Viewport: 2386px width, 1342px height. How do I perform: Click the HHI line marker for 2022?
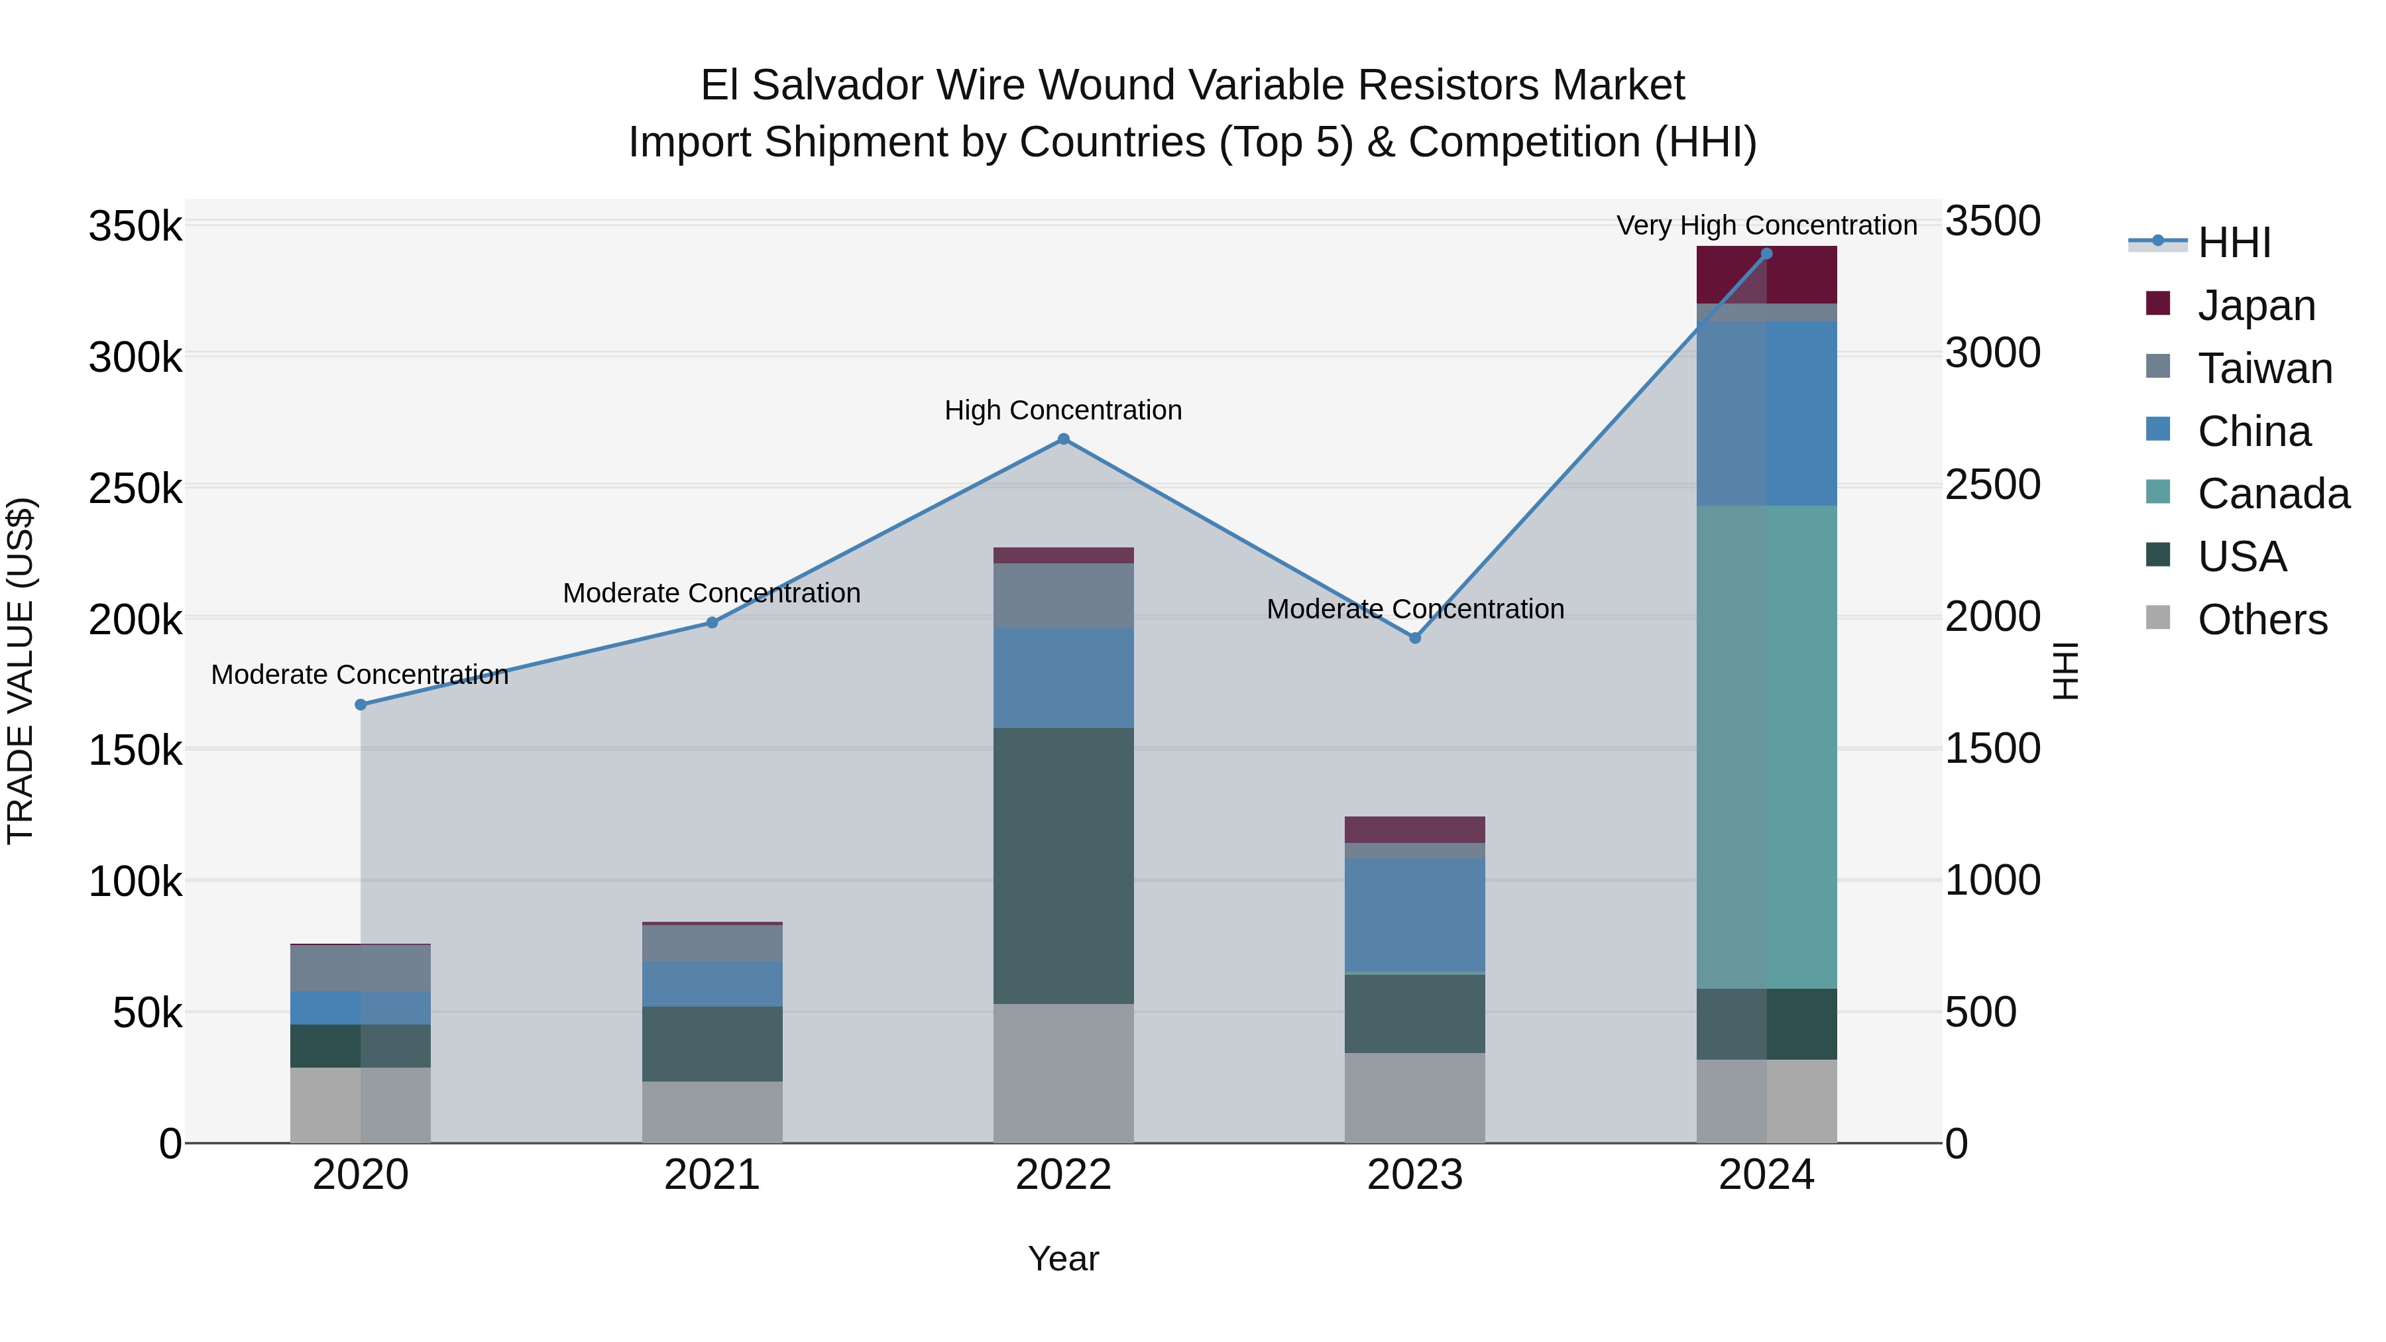[x=1063, y=439]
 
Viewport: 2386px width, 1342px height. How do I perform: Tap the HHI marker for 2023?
[x=1414, y=638]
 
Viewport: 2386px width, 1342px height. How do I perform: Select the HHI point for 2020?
[x=361, y=705]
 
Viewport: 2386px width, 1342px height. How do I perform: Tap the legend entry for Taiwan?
[x=2265, y=368]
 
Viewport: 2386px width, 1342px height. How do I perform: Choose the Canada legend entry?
[x=2272, y=494]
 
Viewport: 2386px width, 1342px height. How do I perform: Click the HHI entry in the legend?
[x=2233, y=243]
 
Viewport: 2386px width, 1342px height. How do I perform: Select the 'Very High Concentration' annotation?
[x=1766, y=225]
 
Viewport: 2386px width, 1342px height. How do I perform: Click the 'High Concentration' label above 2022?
[x=1063, y=410]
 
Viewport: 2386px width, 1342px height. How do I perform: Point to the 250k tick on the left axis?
[x=135, y=488]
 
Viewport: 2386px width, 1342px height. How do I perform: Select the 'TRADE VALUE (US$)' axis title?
[x=21, y=671]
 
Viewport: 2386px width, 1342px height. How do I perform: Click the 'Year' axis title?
[x=1063, y=1258]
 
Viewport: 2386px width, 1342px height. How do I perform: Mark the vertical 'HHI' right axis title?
[x=2065, y=671]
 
